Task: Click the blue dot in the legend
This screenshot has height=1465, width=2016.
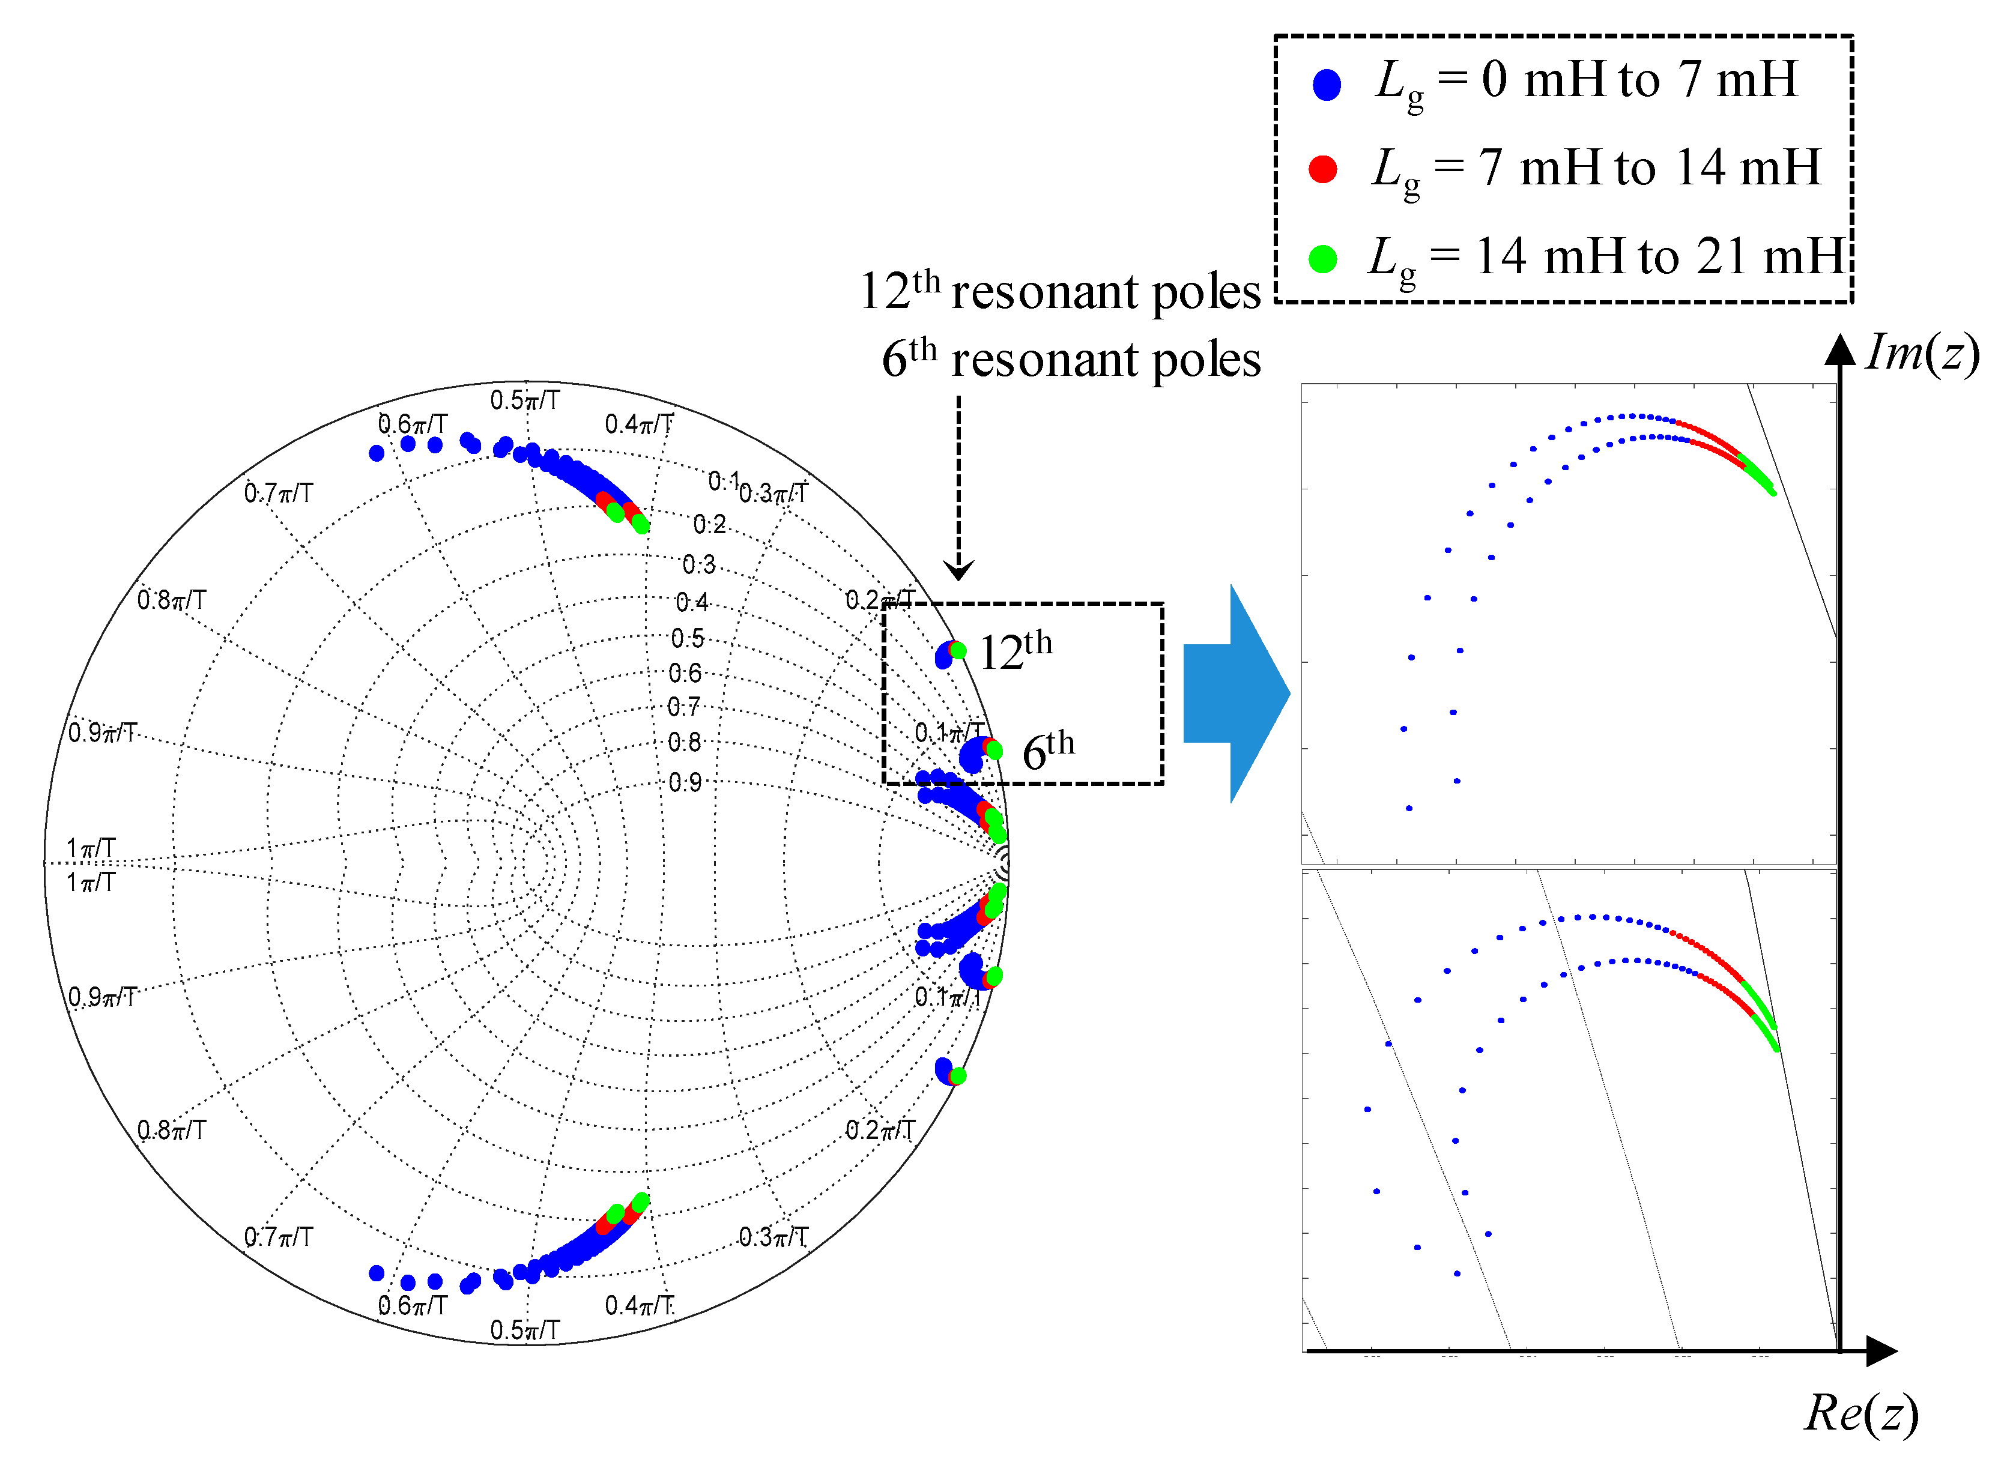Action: pyautogui.click(x=1326, y=85)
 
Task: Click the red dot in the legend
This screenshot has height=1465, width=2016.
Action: pyautogui.click(x=1322, y=169)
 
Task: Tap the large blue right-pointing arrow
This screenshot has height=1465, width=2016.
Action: pyautogui.click(x=1235, y=693)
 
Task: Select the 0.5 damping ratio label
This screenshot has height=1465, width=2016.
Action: pyautogui.click(x=687, y=638)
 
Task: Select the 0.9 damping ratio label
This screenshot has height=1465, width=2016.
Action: pyautogui.click(x=685, y=782)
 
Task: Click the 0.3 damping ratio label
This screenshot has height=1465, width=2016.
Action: pyautogui.click(x=698, y=564)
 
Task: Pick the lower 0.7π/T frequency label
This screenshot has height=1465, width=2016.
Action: pyautogui.click(x=278, y=1236)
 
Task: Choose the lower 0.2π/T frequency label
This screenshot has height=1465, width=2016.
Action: pyautogui.click(x=879, y=1130)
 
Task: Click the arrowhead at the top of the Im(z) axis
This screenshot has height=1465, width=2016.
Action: pyautogui.click(x=1839, y=349)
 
